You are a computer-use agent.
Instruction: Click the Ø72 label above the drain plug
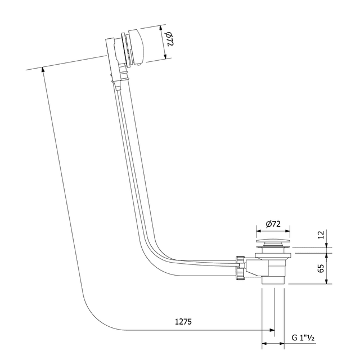273,224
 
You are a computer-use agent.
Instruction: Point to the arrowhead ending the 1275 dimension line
273,330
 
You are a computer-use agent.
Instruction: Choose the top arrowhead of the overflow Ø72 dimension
161,26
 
